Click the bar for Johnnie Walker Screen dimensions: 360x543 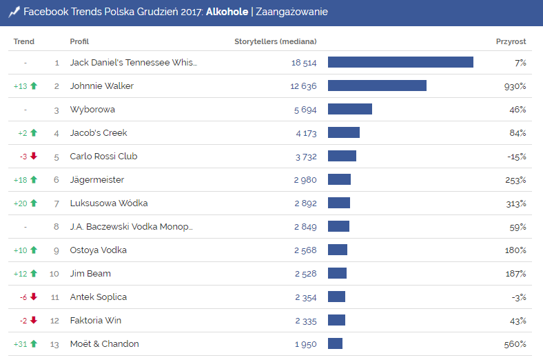click(x=377, y=86)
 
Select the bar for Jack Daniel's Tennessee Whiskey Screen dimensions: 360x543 click(x=400, y=63)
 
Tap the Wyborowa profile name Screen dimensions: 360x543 click(x=92, y=110)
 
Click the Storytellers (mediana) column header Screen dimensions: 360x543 click(x=276, y=42)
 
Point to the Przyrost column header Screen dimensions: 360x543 click(x=511, y=42)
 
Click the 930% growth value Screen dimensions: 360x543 click(x=515, y=86)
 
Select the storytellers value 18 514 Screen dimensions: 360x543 click(x=304, y=63)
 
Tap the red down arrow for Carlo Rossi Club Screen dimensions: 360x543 click(x=33, y=157)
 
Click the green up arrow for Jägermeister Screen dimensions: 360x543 click(x=33, y=180)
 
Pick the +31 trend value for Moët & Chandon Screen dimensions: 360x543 click(x=20, y=344)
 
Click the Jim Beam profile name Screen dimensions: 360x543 click(x=90, y=274)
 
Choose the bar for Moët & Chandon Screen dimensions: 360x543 click(x=335, y=344)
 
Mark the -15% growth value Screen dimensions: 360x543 click(x=516, y=157)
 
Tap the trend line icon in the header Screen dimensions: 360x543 click(x=14, y=12)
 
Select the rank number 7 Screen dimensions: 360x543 click(x=57, y=203)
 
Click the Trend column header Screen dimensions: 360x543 click(x=24, y=42)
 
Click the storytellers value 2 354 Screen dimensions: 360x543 click(x=306, y=297)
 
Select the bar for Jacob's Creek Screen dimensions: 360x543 click(x=344, y=133)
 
